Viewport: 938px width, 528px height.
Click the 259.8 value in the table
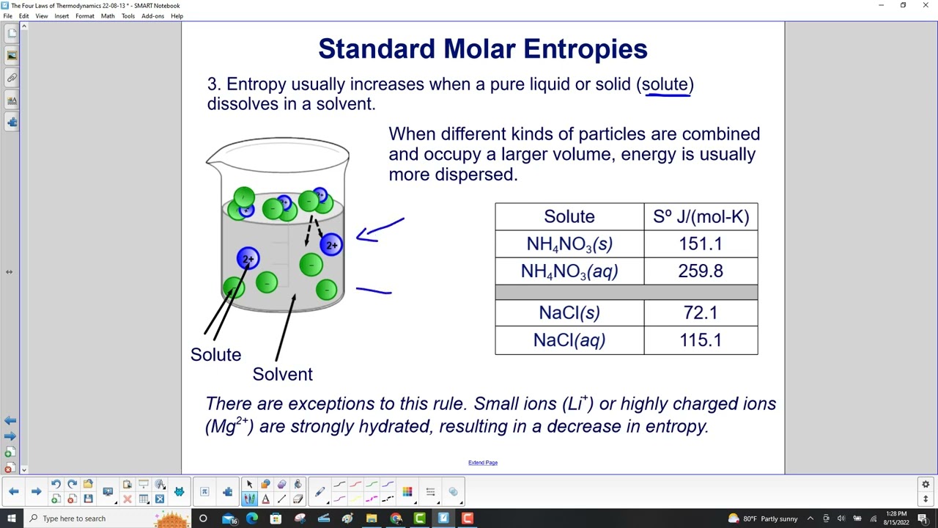click(701, 271)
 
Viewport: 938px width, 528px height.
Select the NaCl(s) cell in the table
click(569, 313)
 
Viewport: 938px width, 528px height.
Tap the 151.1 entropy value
click(701, 244)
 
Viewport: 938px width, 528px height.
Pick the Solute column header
click(569, 217)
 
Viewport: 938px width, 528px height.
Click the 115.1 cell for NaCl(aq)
click(701, 340)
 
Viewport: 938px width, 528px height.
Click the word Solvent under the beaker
click(282, 374)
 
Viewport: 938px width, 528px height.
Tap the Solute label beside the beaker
click(215, 355)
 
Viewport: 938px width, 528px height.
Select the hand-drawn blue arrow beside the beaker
click(380, 229)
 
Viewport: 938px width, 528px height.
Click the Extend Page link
click(483, 463)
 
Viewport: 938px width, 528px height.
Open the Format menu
click(84, 16)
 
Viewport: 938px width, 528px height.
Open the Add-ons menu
click(152, 16)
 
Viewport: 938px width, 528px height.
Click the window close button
click(925, 5)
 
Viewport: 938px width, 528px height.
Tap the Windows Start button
click(11, 518)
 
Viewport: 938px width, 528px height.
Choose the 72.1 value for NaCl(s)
click(701, 313)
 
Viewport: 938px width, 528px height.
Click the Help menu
click(177, 16)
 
